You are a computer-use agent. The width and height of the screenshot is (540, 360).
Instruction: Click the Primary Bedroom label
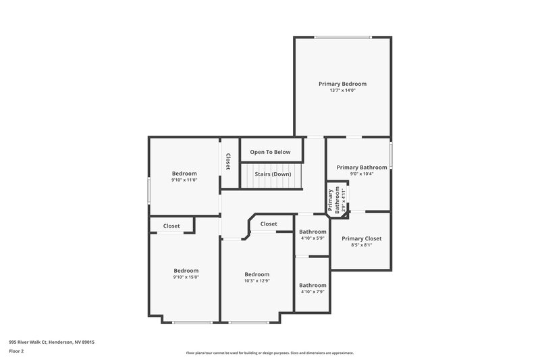click(x=342, y=84)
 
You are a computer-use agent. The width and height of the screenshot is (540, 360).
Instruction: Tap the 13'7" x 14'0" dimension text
click(x=342, y=91)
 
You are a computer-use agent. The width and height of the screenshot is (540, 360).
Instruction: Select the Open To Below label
click(x=270, y=152)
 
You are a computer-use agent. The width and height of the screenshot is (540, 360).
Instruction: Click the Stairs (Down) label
click(x=273, y=174)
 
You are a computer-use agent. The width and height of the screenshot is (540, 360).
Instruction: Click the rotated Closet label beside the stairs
click(x=228, y=161)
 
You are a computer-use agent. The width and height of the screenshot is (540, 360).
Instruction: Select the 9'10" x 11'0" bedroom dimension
click(x=184, y=180)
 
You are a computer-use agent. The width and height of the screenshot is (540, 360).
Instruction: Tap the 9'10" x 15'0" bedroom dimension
click(x=186, y=277)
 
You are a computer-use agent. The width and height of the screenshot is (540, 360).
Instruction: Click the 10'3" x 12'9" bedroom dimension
click(x=256, y=281)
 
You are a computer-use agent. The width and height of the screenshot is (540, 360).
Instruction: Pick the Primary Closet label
click(x=361, y=238)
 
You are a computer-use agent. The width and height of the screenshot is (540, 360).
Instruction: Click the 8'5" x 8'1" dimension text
click(x=361, y=245)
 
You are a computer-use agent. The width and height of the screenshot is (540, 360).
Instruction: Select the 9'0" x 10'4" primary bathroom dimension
click(x=362, y=174)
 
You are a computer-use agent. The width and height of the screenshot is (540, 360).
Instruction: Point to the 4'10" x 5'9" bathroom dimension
click(x=313, y=238)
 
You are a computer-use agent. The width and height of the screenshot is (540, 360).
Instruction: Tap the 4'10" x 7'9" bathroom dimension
click(x=313, y=292)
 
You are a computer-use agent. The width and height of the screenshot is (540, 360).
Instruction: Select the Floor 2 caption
click(x=16, y=352)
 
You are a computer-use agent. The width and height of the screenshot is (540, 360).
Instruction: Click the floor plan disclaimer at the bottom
click(x=270, y=353)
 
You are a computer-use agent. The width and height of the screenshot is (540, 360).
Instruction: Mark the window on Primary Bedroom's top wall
click(x=342, y=37)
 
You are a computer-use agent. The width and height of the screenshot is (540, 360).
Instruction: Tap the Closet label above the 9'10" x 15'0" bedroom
click(x=171, y=226)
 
